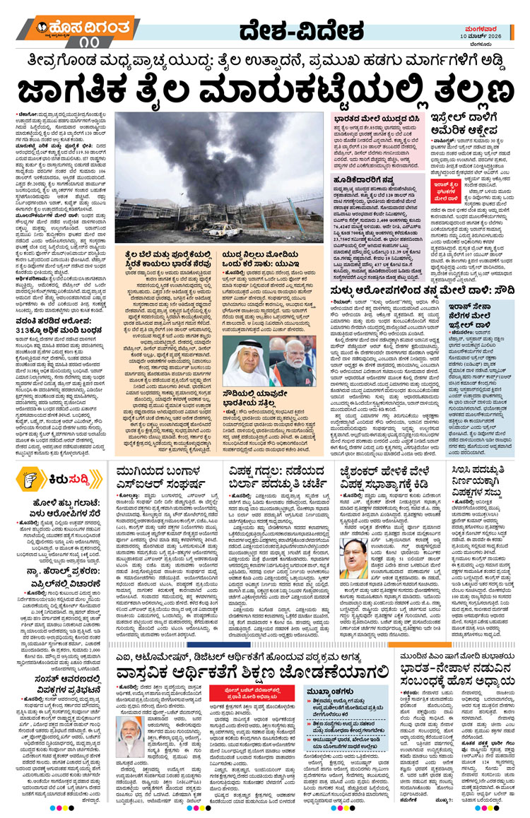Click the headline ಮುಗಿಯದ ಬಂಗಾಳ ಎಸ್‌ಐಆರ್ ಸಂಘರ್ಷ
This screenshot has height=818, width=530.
[163, 471]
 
